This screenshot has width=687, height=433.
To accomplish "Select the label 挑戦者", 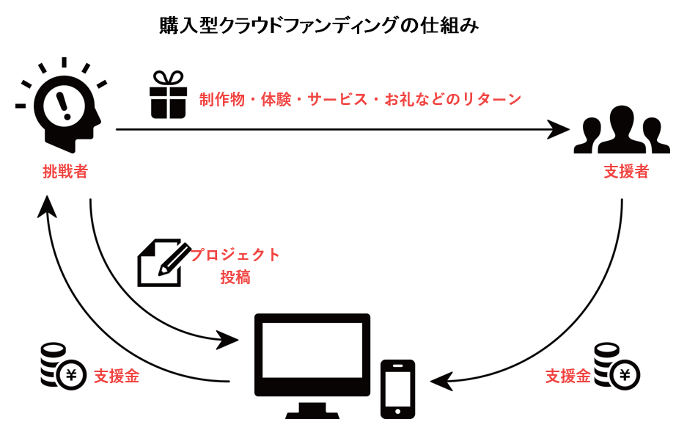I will (65, 172).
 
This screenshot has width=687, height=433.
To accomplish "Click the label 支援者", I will (625, 172).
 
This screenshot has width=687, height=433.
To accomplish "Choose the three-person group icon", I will (622, 131).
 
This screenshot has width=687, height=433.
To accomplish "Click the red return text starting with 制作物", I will (360, 99).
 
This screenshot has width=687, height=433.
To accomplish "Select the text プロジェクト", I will (235, 255).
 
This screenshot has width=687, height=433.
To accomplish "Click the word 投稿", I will (235, 278).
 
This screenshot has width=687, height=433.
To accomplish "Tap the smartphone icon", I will (397, 388).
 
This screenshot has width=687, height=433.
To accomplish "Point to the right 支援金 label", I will (567, 377).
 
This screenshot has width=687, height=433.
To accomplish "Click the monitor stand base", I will (312, 412).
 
